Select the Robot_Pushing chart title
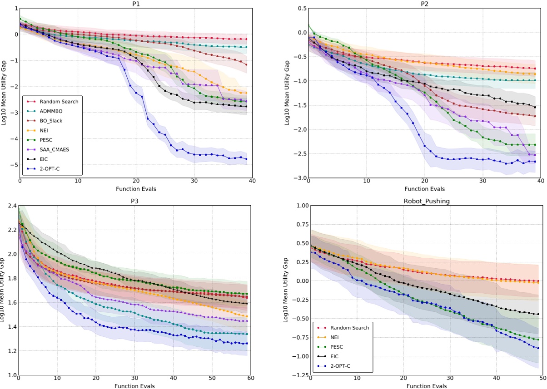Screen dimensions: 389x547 pos(424,201)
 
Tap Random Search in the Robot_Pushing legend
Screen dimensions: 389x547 pos(349,328)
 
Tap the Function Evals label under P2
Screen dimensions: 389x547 pos(424,189)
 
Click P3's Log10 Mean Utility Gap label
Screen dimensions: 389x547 pos(4,291)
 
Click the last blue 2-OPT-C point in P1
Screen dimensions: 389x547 pos(246,159)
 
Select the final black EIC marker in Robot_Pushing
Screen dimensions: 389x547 pos(538,314)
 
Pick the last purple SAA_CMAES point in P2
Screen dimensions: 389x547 pos(534,155)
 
